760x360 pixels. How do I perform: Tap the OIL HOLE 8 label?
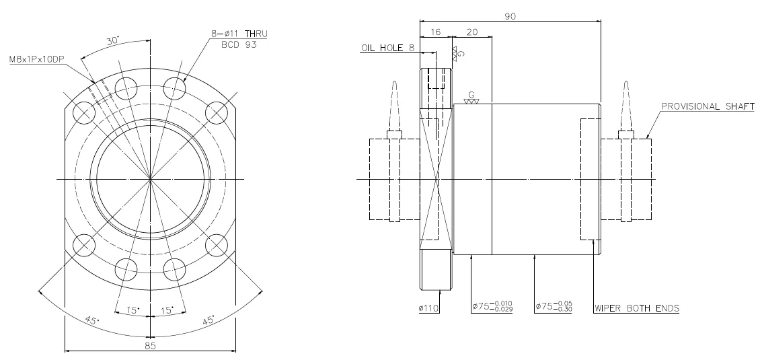click(x=387, y=48)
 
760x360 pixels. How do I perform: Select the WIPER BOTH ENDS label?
click(x=636, y=308)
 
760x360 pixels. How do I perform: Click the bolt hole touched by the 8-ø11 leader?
click(x=174, y=87)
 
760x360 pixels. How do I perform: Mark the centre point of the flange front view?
click(x=150, y=179)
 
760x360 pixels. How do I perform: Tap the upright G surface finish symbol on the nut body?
click(x=471, y=98)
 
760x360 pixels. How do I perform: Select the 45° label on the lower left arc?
click(x=91, y=319)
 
